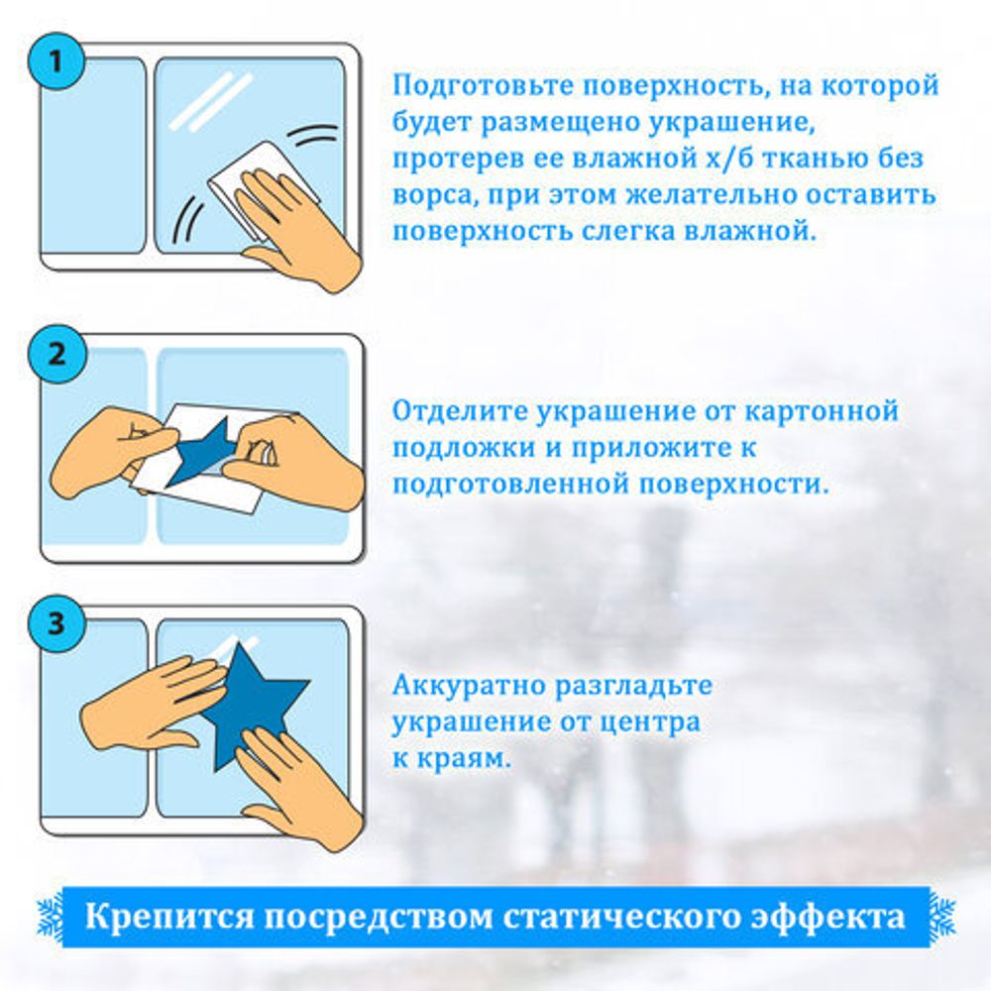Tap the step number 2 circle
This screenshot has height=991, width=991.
(x=55, y=354)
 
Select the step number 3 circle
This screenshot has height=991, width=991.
(x=55, y=625)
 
